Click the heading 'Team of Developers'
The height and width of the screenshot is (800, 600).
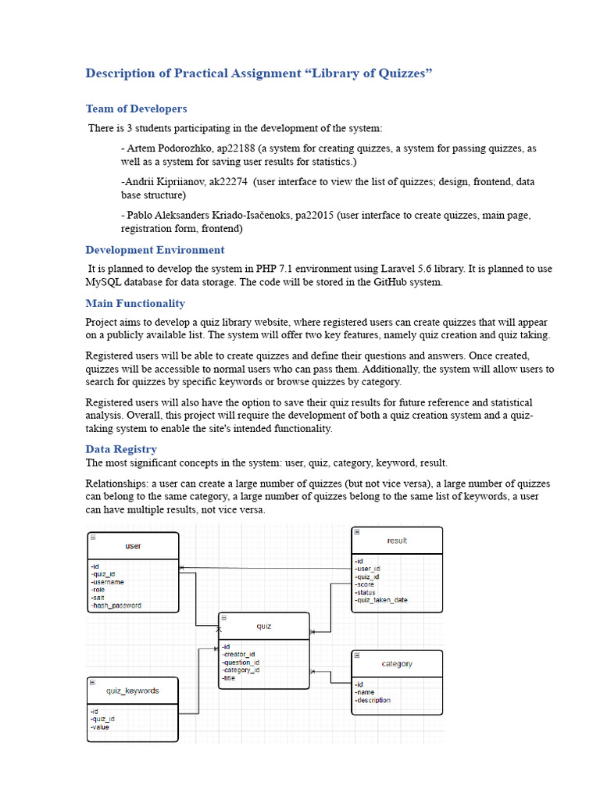[x=136, y=109]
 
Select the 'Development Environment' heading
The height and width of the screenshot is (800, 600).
[x=155, y=250]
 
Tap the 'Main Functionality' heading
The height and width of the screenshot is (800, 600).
[x=135, y=303]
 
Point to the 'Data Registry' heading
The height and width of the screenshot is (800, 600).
[x=121, y=449]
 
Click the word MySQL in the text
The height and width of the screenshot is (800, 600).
[x=105, y=283]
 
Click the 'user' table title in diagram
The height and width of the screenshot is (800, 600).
[x=133, y=546]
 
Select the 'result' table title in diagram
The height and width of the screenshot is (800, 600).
[x=397, y=541]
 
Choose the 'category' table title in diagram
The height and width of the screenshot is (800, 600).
[x=397, y=664]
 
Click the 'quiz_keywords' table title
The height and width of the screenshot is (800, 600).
[x=133, y=691]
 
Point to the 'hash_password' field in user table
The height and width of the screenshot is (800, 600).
[x=117, y=605]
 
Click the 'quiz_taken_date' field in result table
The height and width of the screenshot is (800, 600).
[x=382, y=600]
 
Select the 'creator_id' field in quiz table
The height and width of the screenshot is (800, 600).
[x=239, y=655]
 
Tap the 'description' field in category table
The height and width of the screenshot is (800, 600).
[x=373, y=700]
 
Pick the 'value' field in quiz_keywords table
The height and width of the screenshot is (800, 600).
[x=101, y=727]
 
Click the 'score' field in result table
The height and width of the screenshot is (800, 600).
[x=365, y=584]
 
